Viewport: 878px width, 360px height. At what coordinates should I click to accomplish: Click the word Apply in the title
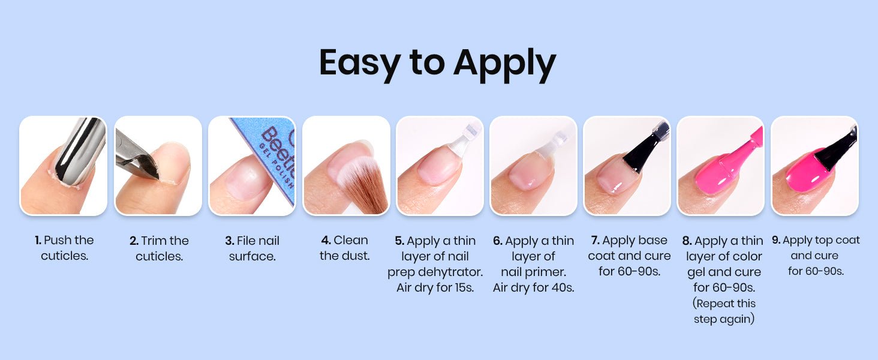(505, 64)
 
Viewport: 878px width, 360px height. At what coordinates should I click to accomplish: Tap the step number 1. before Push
(38, 240)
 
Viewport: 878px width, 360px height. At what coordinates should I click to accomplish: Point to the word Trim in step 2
(154, 241)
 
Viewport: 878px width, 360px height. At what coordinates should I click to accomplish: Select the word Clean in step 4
(351, 240)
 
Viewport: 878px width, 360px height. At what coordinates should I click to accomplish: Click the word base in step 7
(653, 240)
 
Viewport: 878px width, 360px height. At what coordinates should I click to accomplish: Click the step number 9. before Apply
(776, 240)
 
